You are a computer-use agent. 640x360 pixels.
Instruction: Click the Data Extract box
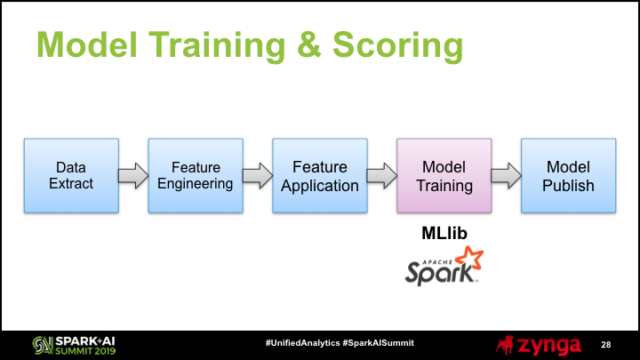[x=71, y=175]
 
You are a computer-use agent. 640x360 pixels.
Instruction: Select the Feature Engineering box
[x=196, y=175]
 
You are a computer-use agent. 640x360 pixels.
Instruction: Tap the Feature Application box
[x=320, y=175]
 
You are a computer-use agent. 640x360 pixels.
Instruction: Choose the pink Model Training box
[x=444, y=175]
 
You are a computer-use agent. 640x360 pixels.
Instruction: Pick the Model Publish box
[x=569, y=175]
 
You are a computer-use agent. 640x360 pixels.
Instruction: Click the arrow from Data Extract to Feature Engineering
[x=133, y=176]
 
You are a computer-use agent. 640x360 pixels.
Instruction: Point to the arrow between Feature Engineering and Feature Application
[x=258, y=176]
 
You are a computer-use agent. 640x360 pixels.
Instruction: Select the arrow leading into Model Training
[x=382, y=176]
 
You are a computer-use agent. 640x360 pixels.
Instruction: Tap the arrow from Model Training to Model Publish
[x=507, y=176]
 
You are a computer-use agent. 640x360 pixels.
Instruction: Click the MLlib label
[x=444, y=234]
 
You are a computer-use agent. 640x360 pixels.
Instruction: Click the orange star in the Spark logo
[x=470, y=259]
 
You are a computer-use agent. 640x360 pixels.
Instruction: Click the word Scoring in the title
[x=398, y=46]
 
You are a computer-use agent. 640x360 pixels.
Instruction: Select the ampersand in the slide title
[x=309, y=44]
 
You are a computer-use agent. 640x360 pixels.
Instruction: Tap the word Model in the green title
[x=87, y=44]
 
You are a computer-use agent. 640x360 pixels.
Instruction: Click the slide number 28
[x=605, y=345]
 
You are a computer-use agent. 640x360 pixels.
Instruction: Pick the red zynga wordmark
[x=549, y=346]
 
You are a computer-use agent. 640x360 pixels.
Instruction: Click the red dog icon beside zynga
[x=505, y=345]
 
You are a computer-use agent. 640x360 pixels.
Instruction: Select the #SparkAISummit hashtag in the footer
[x=379, y=343]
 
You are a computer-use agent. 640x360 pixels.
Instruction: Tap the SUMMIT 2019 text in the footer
[x=85, y=350]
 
